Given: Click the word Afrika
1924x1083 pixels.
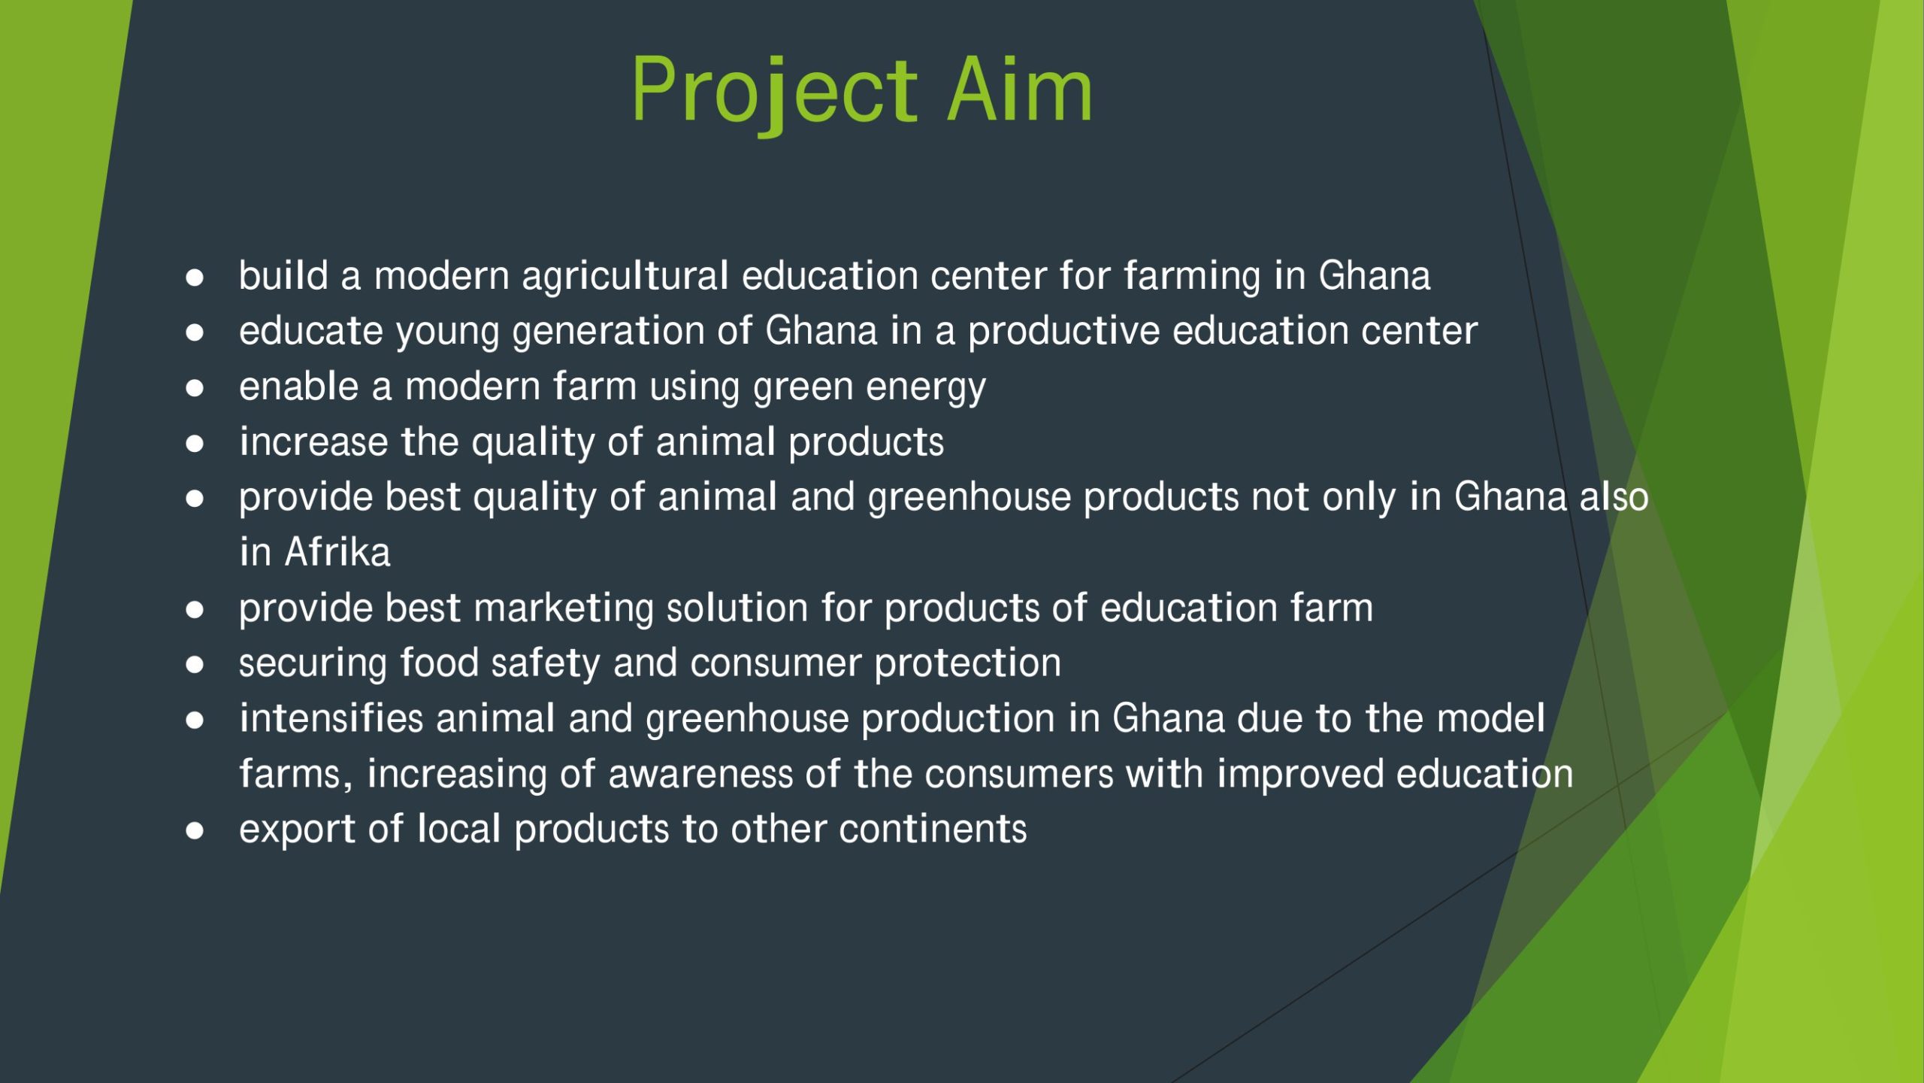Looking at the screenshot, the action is pyautogui.click(x=337, y=552).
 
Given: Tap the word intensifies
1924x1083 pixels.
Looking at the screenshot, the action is pyautogui.click(x=331, y=717).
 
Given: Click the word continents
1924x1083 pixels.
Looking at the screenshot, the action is pyautogui.click(x=933, y=830).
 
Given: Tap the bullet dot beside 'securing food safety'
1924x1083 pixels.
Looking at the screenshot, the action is pyautogui.click(x=195, y=665).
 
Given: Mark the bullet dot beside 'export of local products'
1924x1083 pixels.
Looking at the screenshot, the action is pyautogui.click(x=195, y=831).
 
